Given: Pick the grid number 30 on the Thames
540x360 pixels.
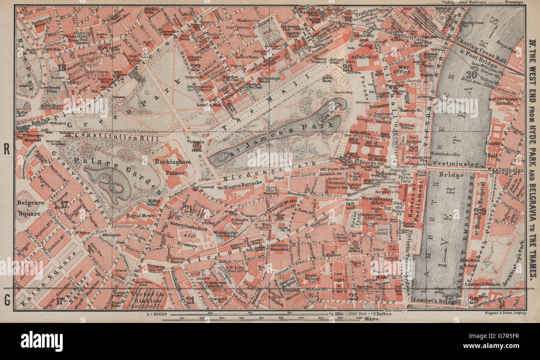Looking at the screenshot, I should tap(471, 75).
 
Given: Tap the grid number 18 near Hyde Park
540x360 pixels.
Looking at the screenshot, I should tap(62, 67).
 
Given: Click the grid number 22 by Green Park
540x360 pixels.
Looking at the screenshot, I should tap(195, 67).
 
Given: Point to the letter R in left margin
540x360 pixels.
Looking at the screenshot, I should tap(7, 149).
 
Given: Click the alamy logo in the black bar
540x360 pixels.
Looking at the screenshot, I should tap(42, 341).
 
